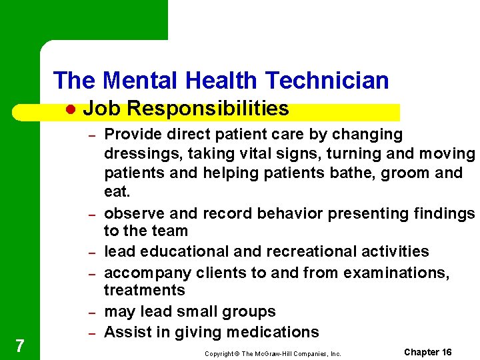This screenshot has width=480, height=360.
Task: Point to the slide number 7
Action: click(20, 345)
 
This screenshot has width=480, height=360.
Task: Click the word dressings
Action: click(143, 154)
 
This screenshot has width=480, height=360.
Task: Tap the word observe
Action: click(135, 213)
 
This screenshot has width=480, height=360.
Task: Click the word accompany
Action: click(143, 272)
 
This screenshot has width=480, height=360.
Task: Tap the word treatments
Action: click(144, 290)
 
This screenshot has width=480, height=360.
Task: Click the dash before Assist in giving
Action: click(95, 333)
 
